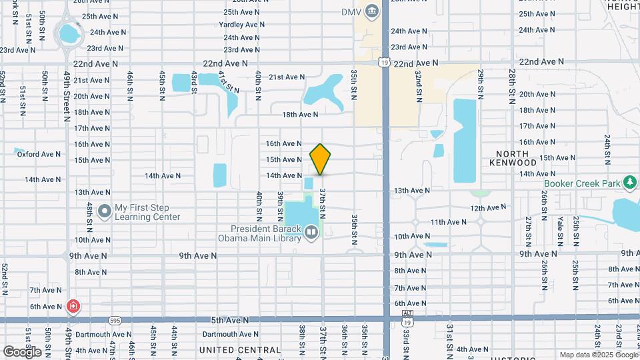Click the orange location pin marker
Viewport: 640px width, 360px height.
pos(321,159)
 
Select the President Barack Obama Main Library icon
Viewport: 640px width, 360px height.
pos(311,232)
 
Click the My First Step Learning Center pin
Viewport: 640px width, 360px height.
pos(104,212)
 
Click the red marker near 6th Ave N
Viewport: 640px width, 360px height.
pos(73,307)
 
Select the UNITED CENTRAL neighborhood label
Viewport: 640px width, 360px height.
pos(240,350)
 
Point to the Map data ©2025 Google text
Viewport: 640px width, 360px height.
pos(598,355)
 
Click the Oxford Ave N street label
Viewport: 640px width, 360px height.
pos(39,154)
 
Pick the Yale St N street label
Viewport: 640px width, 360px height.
pos(558,228)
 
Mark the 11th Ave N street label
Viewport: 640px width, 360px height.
pos(448,222)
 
